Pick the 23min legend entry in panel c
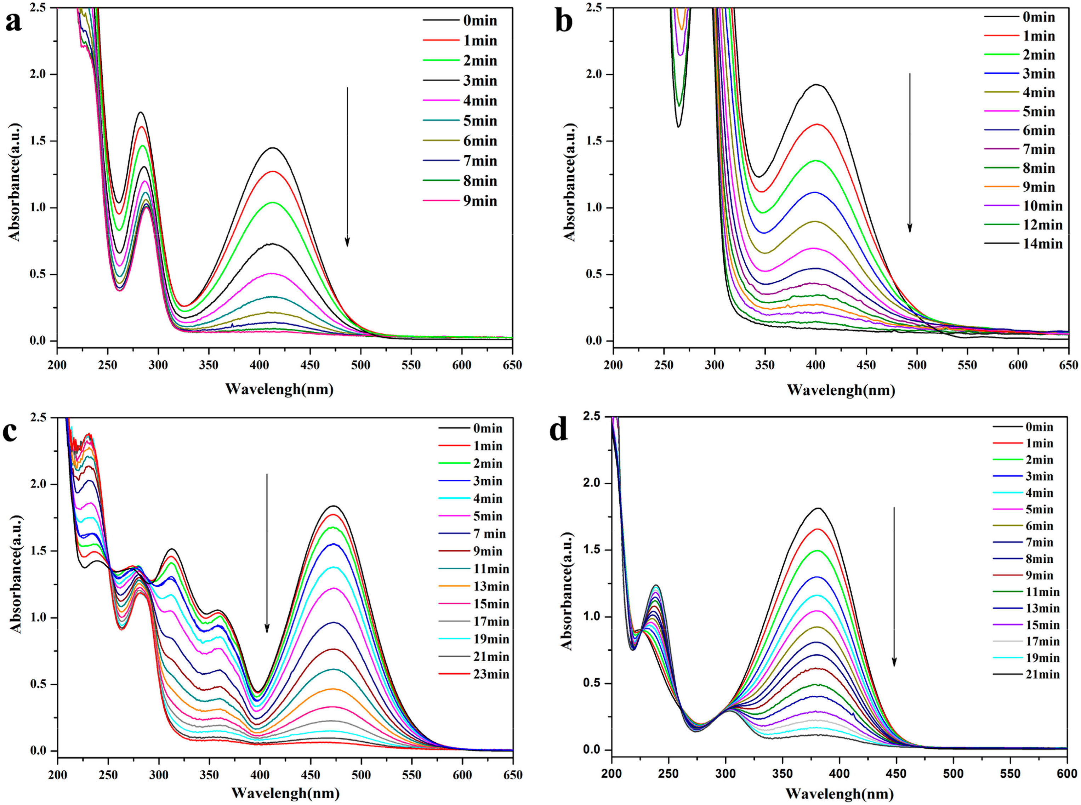pos(491,674)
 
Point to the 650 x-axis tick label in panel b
pos(1068,365)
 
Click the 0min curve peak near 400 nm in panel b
pos(817,85)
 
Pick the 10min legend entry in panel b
pos(1042,206)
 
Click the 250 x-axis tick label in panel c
pos(108,775)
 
